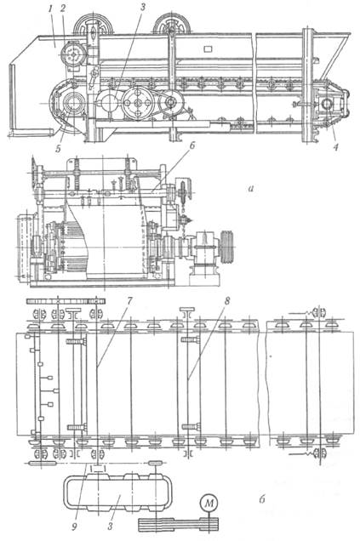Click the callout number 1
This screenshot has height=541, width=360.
50,9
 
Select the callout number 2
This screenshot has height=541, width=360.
63,9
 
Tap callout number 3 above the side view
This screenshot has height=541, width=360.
142,8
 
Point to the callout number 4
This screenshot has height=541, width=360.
335,147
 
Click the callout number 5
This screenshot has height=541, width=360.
58,149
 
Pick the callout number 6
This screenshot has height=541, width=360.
191,145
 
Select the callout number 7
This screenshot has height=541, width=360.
129,301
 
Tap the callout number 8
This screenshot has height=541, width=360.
226,301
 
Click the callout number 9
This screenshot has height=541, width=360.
74,527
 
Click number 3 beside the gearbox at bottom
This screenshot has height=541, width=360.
110,527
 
